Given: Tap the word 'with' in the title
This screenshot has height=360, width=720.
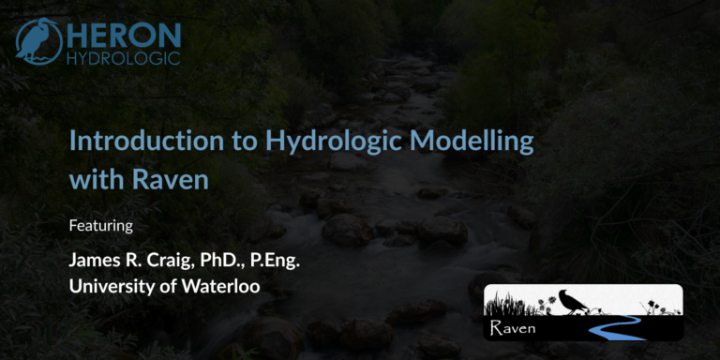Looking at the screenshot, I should coord(92,178).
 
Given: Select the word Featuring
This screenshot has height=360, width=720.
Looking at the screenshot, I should coord(101,226).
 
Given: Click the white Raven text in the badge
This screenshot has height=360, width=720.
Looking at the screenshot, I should coord(512,328).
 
